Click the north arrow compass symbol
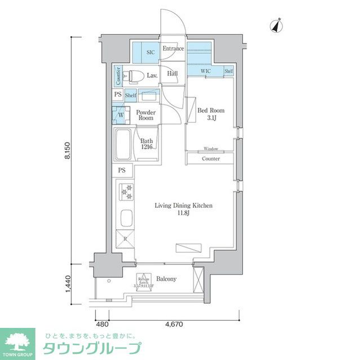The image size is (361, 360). click(276, 25)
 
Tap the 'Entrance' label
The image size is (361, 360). click(173, 49)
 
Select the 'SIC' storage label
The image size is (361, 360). click(151, 52)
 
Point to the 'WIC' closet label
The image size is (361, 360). click(205, 72)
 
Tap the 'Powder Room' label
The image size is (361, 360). click(145, 115)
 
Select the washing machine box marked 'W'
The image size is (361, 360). click(120, 115)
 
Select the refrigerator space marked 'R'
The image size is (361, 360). click(125, 239)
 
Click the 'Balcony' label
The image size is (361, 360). click(166, 279)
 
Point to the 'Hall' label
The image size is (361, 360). click(172, 73)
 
